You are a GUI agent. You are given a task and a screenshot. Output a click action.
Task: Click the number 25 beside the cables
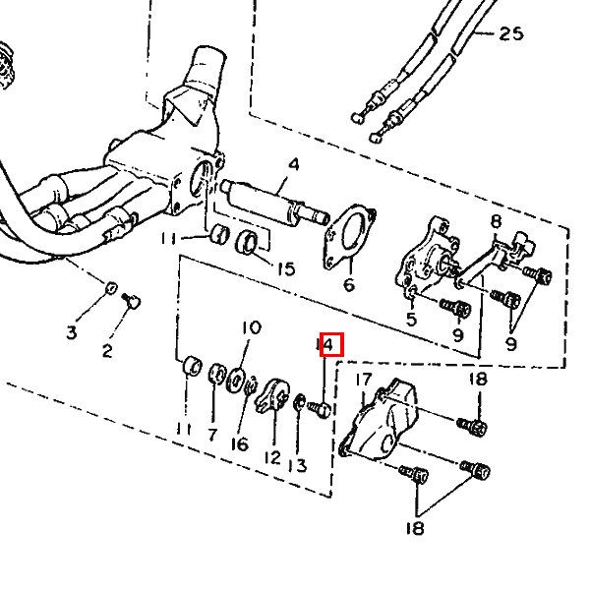pos(511,33)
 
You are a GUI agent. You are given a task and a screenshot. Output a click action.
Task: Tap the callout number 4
pos(293,164)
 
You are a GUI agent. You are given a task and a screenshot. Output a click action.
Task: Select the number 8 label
pos(497,221)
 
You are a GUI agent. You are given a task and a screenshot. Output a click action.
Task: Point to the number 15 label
pos(286,268)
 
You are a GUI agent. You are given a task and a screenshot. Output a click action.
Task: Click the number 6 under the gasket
pos(349,285)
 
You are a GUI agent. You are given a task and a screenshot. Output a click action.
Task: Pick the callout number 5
pos(411,319)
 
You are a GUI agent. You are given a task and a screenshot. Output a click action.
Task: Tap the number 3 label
pos(72,332)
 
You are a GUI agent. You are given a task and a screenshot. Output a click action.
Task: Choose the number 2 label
pos(107,351)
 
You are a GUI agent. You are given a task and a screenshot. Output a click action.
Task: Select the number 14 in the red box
pos(325,344)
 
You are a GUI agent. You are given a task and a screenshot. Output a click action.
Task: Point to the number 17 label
pos(364,380)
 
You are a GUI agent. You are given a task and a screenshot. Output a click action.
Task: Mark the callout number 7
pos(212,435)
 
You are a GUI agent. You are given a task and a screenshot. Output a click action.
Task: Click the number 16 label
pos(240,444)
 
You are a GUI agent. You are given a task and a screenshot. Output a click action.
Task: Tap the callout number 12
pos(272,457)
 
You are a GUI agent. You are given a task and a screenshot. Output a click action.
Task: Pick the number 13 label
pos(297,466)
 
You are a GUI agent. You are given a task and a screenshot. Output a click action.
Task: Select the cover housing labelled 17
pos(380,418)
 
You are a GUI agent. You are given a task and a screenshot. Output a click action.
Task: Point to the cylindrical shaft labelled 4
pos(274,204)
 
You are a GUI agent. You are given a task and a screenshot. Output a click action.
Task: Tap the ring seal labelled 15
pos(247,244)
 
